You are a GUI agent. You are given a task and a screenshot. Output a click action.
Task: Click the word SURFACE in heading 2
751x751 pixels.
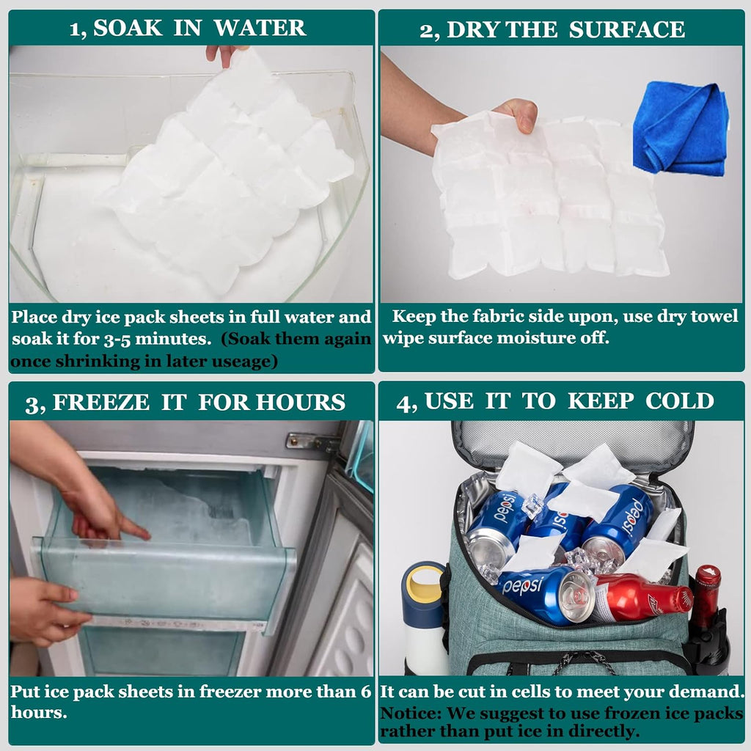[x=627, y=29]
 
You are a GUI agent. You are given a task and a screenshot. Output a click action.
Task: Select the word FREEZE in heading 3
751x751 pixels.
[x=101, y=403]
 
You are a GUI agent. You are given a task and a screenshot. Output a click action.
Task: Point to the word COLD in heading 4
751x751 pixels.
[x=680, y=401]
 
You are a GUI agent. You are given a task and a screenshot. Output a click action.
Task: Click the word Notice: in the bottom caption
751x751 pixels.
[x=410, y=713]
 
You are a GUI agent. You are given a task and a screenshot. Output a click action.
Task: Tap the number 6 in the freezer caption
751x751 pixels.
[x=366, y=692]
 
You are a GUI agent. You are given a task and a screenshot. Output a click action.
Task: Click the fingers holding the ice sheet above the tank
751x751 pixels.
[x=224, y=55]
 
